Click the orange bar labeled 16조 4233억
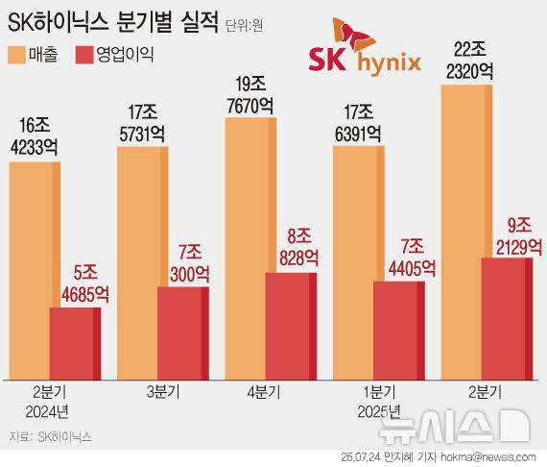(35, 269)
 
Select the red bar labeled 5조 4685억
(75, 342)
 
